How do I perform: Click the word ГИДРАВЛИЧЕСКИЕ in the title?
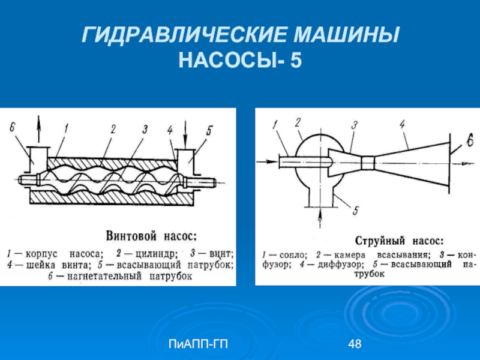[x=184, y=35]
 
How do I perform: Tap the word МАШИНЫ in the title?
[x=347, y=35]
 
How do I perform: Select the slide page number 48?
[x=355, y=344]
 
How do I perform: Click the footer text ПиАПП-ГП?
[x=198, y=344]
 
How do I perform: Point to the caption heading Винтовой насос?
[x=152, y=236]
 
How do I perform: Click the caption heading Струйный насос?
[x=399, y=241]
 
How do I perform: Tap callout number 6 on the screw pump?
[x=12, y=127]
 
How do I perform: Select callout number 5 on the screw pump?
[x=208, y=131]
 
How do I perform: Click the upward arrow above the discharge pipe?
[x=38, y=129]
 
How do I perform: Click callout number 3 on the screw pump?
[x=145, y=130]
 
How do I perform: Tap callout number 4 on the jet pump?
[x=403, y=124]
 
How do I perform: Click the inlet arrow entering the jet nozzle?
[x=268, y=161]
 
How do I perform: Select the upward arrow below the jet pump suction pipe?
[x=320, y=218]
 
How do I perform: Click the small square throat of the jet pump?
[x=368, y=163]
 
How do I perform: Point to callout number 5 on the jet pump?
[x=355, y=211]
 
